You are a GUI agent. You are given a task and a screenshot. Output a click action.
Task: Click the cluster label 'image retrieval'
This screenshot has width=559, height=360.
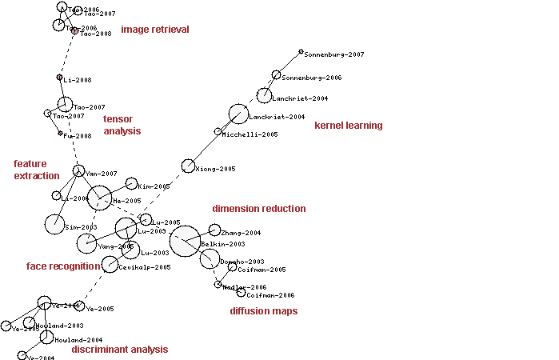155,30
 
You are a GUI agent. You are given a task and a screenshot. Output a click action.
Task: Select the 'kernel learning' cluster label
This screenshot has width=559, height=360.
348,126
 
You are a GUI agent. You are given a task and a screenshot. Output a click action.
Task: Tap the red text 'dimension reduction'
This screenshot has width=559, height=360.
258,209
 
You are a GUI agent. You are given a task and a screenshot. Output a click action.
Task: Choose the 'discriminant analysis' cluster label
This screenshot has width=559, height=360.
119,350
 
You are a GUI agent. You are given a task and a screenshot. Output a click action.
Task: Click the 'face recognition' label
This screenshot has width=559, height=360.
63,266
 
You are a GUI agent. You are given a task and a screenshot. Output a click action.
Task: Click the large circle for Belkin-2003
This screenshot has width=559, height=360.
186,240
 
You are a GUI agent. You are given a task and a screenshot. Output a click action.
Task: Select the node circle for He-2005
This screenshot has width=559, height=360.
99,197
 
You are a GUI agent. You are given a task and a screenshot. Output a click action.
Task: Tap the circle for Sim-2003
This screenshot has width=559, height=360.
54,225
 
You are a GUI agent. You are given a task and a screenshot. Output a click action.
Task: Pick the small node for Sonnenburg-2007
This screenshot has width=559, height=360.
301,52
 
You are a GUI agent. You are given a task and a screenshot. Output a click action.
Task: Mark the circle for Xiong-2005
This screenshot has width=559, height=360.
188,166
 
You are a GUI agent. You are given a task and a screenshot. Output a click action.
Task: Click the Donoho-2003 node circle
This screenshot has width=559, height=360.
209,258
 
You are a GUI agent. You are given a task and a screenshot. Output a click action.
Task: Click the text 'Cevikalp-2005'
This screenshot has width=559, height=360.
145,267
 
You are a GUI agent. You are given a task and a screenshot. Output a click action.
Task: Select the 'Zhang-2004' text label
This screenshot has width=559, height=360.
242,233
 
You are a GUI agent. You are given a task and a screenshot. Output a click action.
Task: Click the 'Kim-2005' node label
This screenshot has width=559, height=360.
154,186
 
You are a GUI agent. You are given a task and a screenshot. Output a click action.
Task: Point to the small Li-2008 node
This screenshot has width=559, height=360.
59,78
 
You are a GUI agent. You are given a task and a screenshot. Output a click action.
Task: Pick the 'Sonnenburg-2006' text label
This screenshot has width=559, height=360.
312,78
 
